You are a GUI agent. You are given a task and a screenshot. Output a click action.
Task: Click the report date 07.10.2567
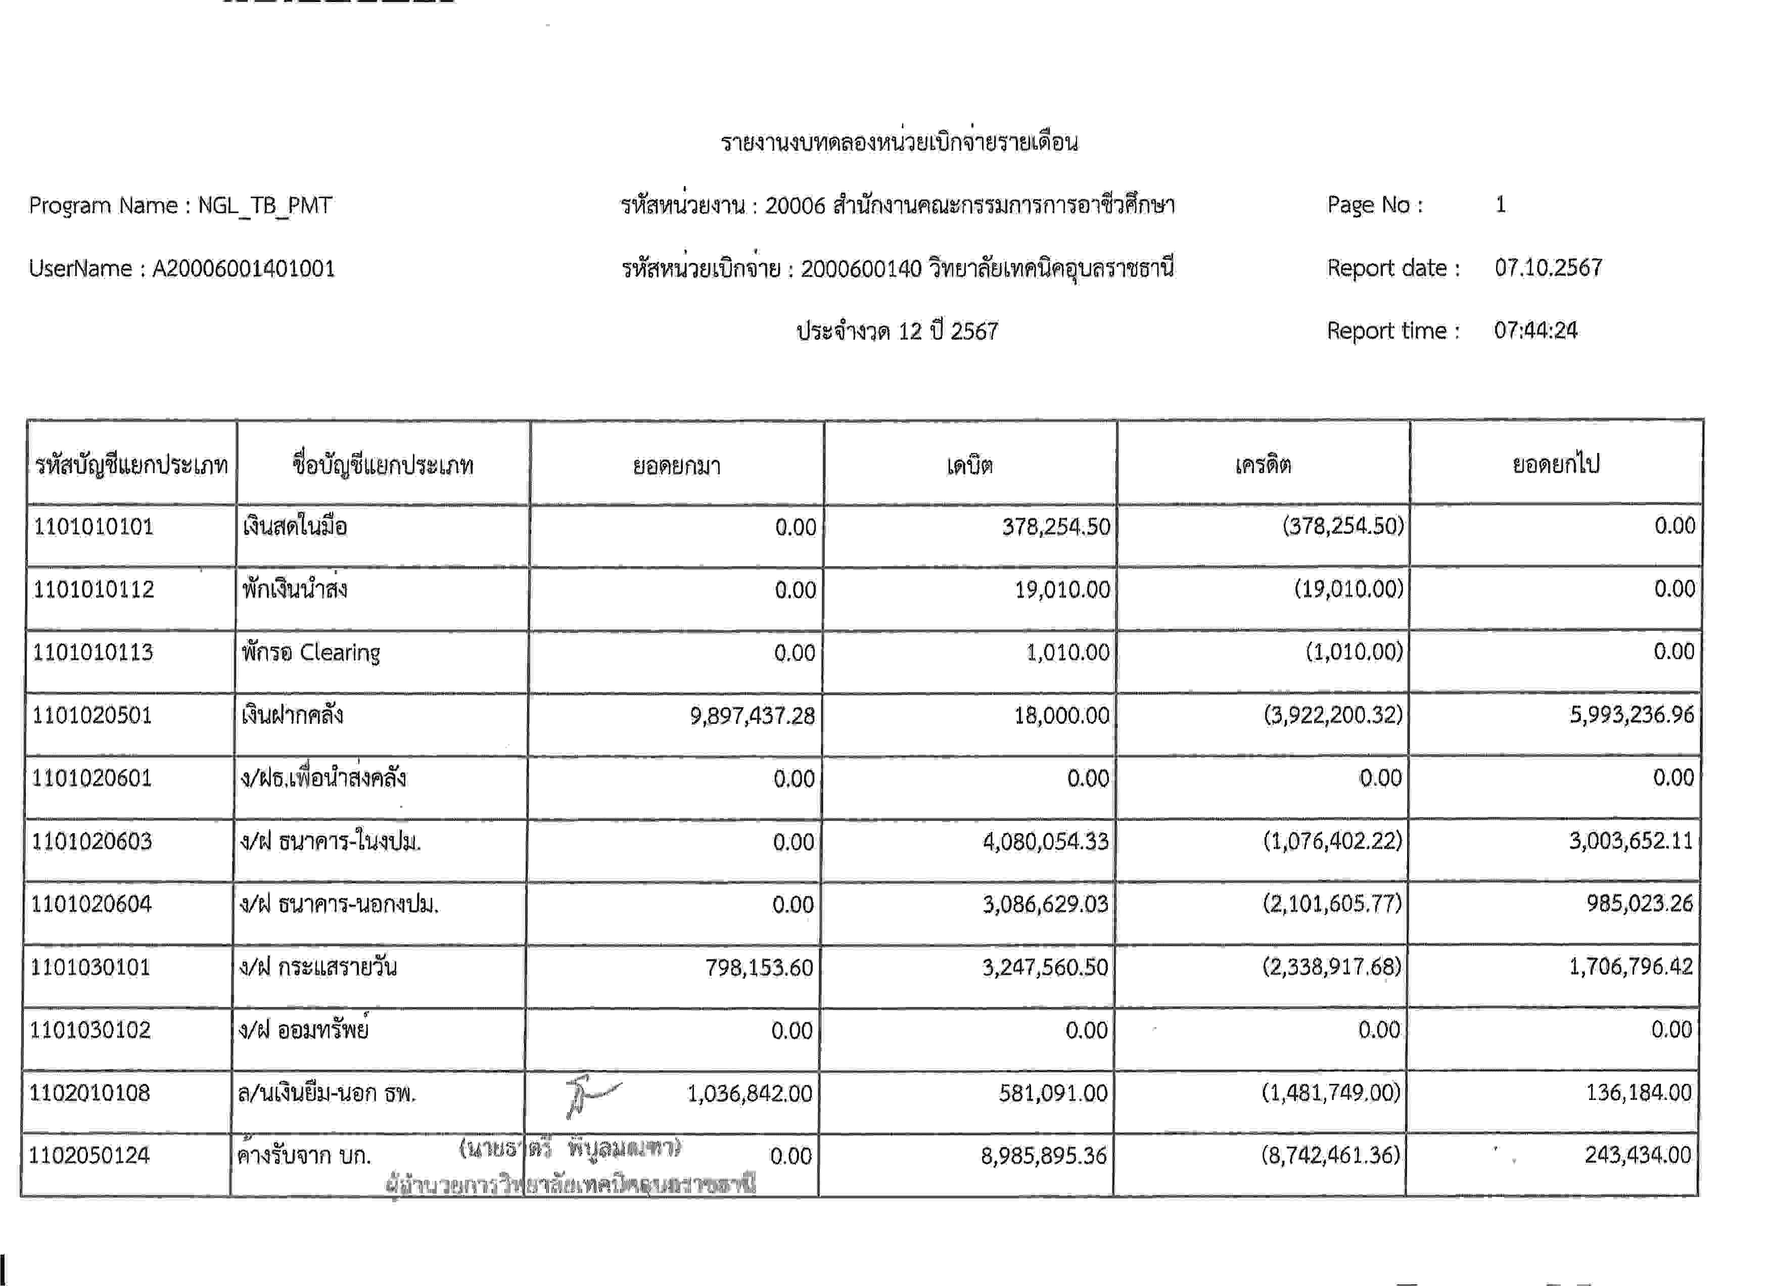point(1548,268)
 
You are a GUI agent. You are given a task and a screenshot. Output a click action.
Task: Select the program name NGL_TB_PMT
point(265,205)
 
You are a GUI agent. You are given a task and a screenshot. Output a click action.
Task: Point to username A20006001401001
point(244,268)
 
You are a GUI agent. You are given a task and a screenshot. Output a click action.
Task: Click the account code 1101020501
point(92,715)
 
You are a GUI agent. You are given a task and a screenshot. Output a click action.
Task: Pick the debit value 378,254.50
point(1056,527)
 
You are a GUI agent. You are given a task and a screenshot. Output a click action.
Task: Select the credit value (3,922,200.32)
point(1333,715)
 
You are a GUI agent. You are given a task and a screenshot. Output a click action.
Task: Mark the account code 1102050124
point(89,1156)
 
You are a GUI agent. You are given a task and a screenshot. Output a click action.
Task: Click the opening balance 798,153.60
point(759,968)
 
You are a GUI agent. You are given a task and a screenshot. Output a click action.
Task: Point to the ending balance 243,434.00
point(1638,1155)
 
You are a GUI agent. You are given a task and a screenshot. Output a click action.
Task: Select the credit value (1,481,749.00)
point(1331,1092)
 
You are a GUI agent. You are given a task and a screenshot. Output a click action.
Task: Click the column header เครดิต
point(1263,466)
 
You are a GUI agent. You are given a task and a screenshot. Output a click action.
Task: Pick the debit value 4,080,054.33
point(1046,842)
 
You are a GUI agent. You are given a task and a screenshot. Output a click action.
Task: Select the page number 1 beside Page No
point(1500,205)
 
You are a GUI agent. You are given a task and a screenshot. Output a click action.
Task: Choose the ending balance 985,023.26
point(1639,904)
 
